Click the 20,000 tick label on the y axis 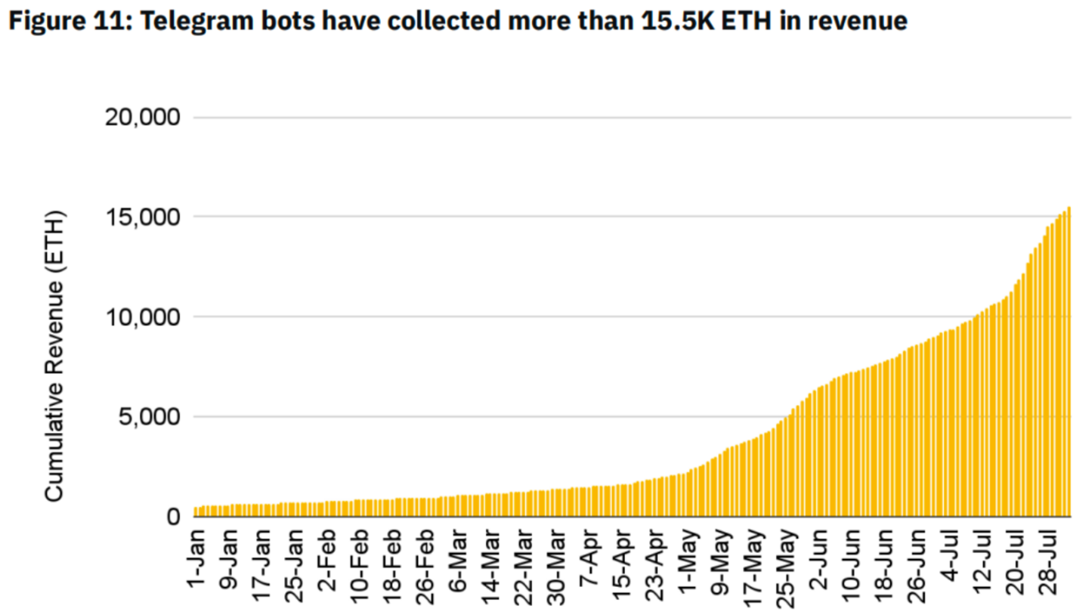pyautogui.click(x=142, y=117)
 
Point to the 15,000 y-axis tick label pyautogui.click(x=142, y=218)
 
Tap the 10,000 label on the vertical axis pyautogui.click(x=142, y=318)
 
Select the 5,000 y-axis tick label pyautogui.click(x=149, y=417)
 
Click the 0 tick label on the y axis pyautogui.click(x=173, y=517)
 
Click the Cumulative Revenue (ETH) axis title pyautogui.click(x=54, y=356)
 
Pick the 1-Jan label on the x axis pyautogui.click(x=197, y=558)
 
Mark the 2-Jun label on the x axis pyautogui.click(x=819, y=560)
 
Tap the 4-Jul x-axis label pyautogui.click(x=950, y=556)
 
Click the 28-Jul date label pyautogui.click(x=1048, y=563)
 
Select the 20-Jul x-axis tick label pyautogui.click(x=1015, y=563)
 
